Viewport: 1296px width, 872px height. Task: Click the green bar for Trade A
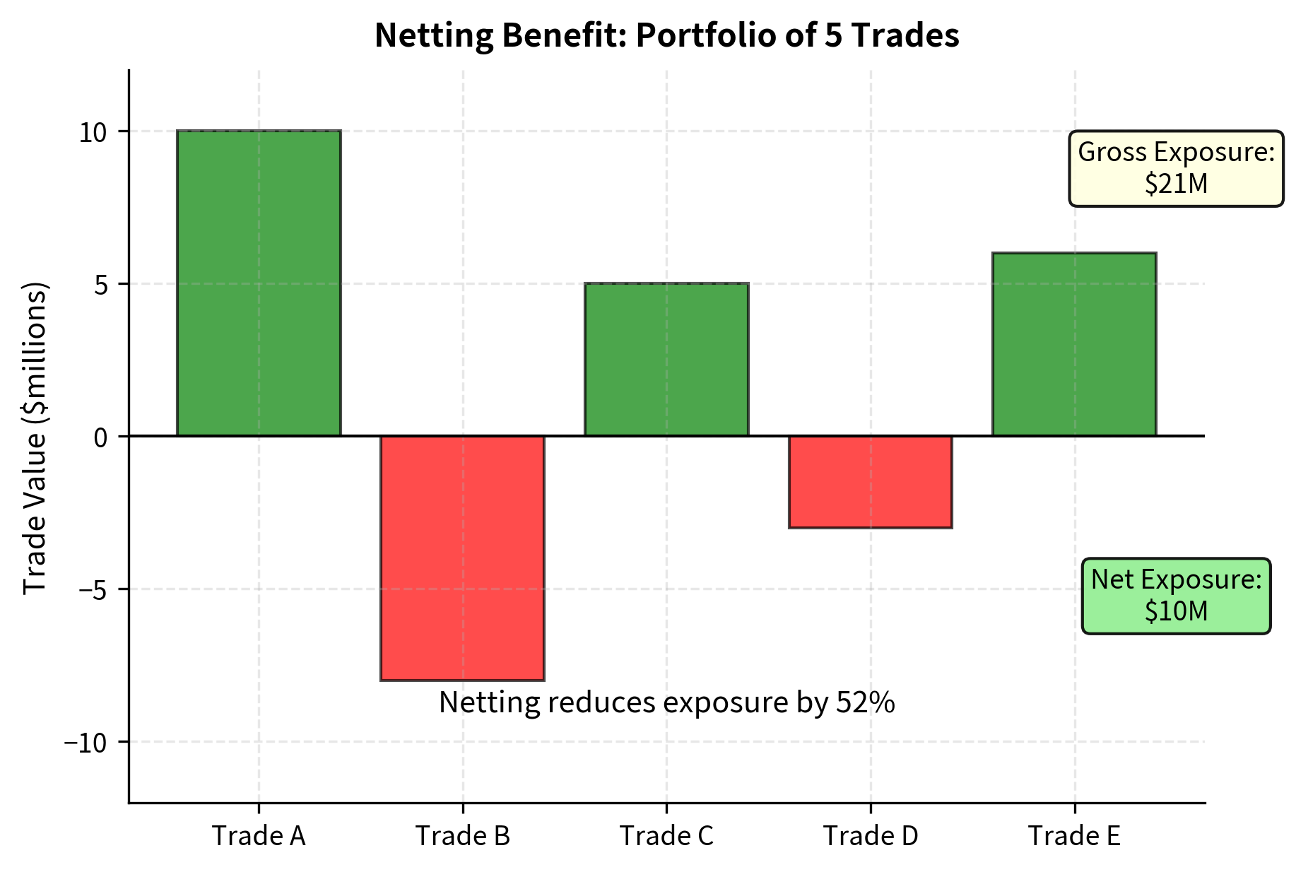[x=259, y=283]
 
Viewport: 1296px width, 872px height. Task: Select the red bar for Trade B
[x=462, y=558]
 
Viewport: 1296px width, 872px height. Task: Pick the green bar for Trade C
[x=666, y=359]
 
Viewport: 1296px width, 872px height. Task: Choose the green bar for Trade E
[x=1074, y=344]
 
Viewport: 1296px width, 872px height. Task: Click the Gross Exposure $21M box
[x=1176, y=168]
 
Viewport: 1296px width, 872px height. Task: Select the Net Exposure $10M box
[x=1176, y=596]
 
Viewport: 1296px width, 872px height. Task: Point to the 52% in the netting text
[x=866, y=702]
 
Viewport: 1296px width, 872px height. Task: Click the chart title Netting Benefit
[x=666, y=35]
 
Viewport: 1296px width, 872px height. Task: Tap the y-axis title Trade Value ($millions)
[x=35, y=438]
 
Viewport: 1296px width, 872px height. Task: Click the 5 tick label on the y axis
[x=101, y=285]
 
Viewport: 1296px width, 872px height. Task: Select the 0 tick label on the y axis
[x=101, y=437]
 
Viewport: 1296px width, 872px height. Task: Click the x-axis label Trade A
[x=259, y=836]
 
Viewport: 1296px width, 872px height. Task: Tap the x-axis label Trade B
[x=462, y=836]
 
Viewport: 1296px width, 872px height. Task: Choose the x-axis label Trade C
[x=666, y=836]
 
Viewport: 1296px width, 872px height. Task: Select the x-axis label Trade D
[x=870, y=836]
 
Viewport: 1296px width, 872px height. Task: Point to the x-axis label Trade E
[x=1074, y=836]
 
